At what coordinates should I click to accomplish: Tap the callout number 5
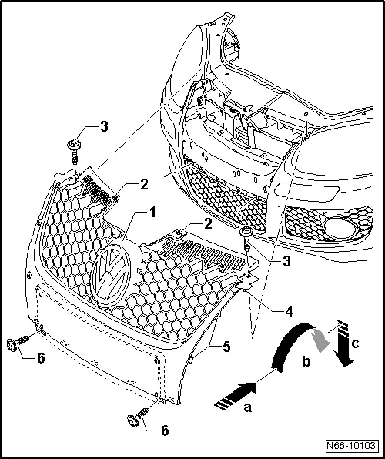pos(227,347)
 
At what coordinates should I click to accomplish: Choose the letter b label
pos(304,361)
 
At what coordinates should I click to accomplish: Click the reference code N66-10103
pos(354,446)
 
